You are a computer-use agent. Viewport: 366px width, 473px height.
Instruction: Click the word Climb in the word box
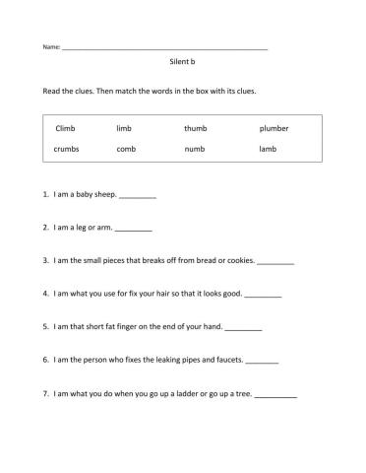65,128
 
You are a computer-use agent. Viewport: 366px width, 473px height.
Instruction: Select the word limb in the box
123,128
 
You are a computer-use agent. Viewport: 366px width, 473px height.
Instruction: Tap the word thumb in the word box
195,128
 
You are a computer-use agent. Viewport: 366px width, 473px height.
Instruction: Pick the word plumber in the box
274,128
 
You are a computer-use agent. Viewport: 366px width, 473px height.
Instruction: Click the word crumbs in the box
67,149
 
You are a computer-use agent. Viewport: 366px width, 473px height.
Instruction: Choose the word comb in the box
125,149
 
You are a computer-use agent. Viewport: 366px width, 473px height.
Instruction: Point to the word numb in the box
194,149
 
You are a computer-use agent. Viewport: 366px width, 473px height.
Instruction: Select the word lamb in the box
268,149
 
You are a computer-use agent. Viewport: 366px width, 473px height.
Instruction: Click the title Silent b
183,61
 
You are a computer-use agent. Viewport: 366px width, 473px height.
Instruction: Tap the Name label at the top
50,47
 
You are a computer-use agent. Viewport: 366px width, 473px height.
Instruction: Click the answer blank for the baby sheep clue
137,196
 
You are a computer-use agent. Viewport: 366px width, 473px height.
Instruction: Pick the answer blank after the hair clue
263,295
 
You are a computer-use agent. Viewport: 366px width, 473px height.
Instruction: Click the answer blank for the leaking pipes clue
261,362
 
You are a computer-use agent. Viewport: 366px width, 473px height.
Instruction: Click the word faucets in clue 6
225,360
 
